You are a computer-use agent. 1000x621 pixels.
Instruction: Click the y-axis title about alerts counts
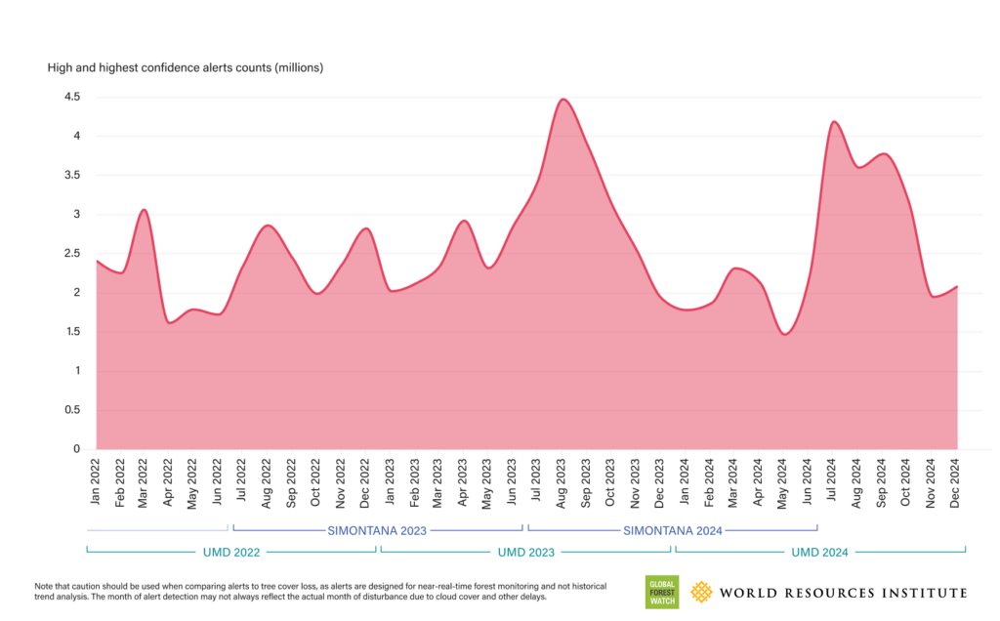(186, 68)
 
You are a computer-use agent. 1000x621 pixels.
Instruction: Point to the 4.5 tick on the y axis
(71, 98)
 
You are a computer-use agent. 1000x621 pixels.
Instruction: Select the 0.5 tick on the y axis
(71, 410)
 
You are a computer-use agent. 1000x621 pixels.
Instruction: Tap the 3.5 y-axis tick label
(71, 176)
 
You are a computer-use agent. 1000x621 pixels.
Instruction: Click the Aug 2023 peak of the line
(562, 100)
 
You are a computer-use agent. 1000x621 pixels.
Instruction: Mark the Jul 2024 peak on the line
(834, 122)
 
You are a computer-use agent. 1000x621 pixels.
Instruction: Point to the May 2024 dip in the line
(784, 334)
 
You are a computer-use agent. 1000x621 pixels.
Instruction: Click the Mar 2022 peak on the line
(144, 210)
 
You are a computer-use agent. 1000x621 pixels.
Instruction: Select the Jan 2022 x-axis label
(97, 481)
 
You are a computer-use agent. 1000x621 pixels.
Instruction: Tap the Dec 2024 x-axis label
(956, 481)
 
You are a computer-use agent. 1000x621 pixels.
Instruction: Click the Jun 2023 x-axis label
(513, 481)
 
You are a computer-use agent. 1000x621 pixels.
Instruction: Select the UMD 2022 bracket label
(231, 553)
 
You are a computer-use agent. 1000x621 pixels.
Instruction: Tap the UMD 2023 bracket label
(525, 553)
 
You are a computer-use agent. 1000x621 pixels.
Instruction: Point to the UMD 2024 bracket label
(819, 553)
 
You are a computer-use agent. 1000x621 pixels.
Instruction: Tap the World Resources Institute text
(844, 593)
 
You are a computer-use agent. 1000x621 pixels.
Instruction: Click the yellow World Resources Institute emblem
(701, 593)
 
